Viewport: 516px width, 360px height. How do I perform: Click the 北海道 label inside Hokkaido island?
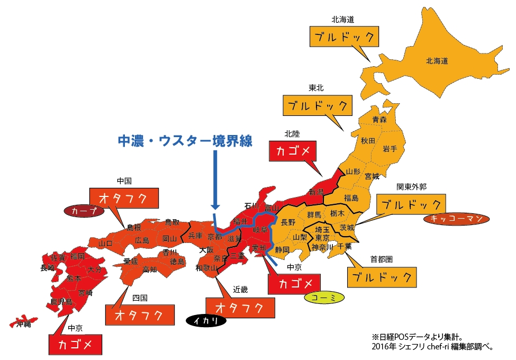(x=437, y=61)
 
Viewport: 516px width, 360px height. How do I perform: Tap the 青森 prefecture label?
(x=379, y=120)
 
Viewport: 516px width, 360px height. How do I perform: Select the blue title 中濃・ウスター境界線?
(x=185, y=141)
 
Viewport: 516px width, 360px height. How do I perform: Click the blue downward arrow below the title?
(x=215, y=180)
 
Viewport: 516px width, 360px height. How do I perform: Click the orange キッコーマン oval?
(x=456, y=219)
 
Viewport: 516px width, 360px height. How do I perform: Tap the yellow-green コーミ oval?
(x=324, y=298)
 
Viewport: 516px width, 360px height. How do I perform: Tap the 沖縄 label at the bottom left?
(x=23, y=323)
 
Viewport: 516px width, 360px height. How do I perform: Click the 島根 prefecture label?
(x=133, y=228)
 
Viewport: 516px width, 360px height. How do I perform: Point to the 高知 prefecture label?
(x=149, y=269)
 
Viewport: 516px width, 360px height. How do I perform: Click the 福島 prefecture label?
(x=351, y=198)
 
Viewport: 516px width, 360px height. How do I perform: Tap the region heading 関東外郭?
(x=412, y=187)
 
